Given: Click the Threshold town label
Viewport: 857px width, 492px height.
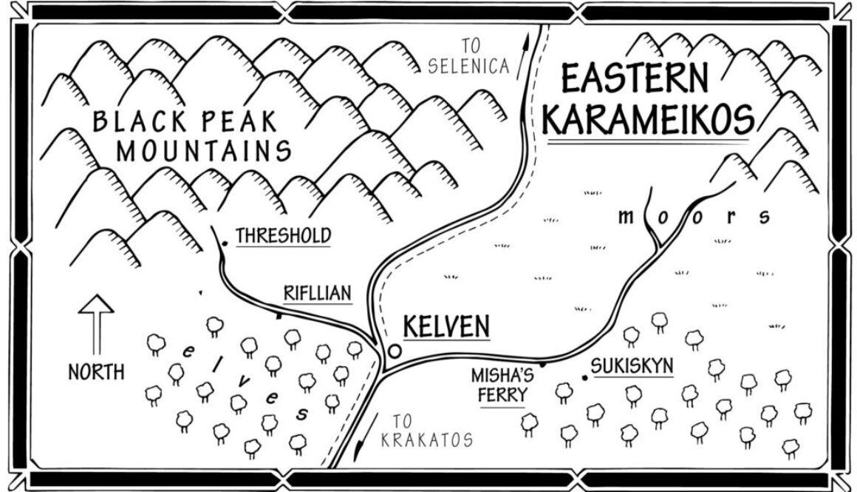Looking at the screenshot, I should point(283,235).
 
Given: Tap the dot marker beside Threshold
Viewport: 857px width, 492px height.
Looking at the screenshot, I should point(225,241).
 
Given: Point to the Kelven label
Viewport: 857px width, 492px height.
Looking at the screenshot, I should point(446,326).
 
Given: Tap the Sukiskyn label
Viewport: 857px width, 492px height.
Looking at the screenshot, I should point(632,365).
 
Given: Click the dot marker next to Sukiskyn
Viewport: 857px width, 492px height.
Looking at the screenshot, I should point(584,378).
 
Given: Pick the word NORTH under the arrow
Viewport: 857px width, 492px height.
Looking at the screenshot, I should point(96,372).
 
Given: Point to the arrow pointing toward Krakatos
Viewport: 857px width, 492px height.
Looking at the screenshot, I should point(360,444).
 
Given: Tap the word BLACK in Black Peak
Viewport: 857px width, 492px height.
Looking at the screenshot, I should point(135,121).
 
